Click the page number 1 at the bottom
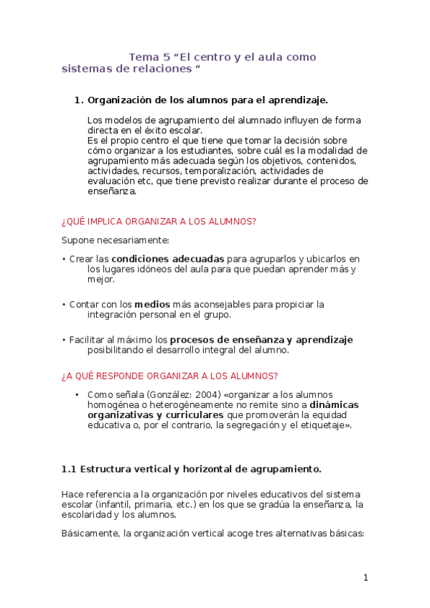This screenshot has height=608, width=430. tap(365, 578)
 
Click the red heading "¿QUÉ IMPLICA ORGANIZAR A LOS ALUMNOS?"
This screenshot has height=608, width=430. tap(159, 222)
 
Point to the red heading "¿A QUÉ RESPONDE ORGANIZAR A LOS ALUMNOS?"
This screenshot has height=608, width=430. tap(169, 376)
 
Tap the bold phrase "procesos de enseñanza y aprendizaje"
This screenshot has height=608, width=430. tap(261, 339)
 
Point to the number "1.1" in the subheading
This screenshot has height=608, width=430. tap(69, 469)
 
